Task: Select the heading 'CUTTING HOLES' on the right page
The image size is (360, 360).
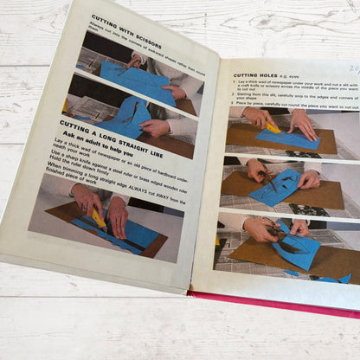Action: pyautogui.click(x=255, y=75)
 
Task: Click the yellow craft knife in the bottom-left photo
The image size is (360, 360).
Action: pyautogui.click(x=98, y=218)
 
